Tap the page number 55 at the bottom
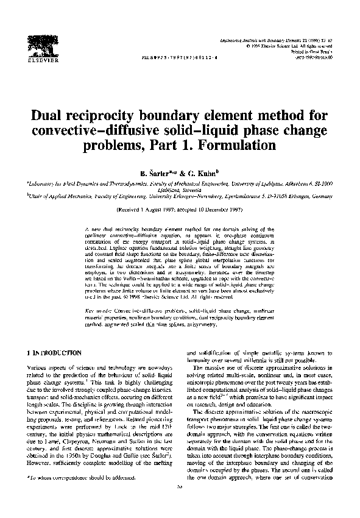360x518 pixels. [180, 504]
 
